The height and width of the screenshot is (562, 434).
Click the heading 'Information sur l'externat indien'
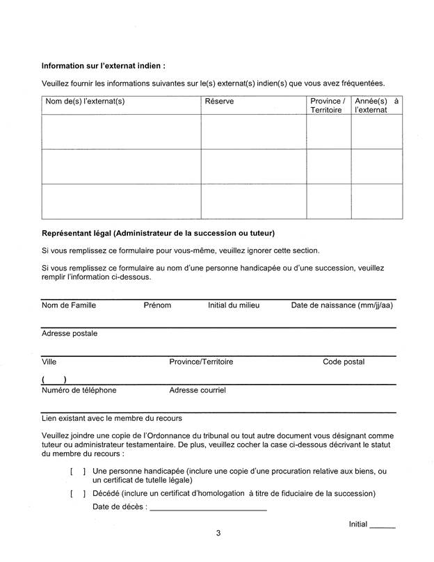point(104,67)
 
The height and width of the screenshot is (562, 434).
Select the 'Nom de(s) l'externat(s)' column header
point(85,102)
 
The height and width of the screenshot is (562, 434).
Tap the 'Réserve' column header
point(219,102)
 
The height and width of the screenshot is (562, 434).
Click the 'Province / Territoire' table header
point(328,106)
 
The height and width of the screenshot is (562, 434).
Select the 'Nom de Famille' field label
point(69,305)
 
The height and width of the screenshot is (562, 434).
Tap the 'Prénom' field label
point(157,305)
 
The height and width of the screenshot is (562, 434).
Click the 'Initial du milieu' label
point(234,305)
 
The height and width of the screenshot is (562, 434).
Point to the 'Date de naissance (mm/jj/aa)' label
point(341,305)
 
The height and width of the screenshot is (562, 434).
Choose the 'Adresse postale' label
point(70,334)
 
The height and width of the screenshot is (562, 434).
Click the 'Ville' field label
point(49,362)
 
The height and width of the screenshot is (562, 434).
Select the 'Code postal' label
point(344,362)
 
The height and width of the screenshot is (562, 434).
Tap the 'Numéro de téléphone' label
point(79,391)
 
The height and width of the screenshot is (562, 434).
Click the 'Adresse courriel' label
point(198,391)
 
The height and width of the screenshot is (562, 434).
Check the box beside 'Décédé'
point(77,494)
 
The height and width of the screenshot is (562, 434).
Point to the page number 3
point(218,534)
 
